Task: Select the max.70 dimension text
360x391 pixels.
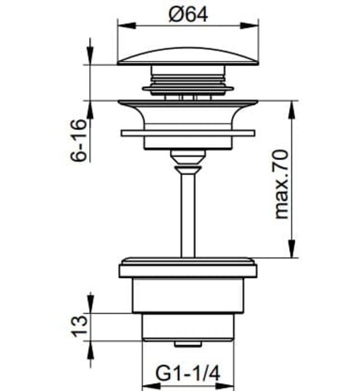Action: pos(283,183)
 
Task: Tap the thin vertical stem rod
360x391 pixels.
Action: pos(188,212)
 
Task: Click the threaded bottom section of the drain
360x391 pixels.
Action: pos(188,327)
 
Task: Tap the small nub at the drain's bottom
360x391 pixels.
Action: pos(188,342)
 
